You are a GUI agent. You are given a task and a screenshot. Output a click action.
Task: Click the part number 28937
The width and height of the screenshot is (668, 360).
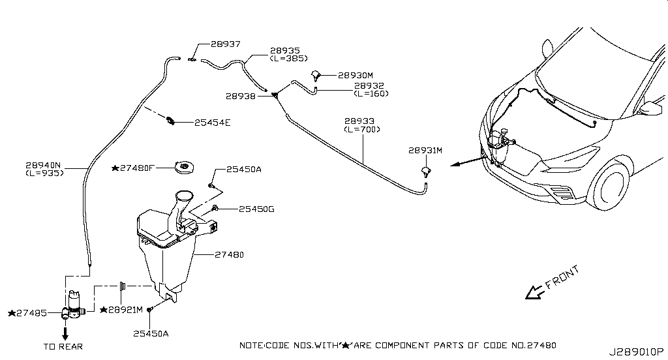225,44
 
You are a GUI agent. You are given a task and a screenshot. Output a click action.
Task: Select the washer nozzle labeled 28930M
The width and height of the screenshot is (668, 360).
315,76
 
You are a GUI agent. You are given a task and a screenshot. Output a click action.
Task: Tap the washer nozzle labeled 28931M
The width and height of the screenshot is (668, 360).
425,172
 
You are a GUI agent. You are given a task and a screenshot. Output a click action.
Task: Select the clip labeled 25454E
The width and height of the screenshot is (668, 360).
170,121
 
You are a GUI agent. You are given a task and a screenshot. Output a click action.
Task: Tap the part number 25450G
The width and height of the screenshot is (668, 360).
256,209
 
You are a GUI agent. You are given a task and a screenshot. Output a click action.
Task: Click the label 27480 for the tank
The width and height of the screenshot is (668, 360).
229,255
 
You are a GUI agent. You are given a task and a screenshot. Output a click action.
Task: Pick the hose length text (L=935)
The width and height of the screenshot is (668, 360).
45,173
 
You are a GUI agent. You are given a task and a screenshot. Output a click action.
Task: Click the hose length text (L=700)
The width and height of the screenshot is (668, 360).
362,129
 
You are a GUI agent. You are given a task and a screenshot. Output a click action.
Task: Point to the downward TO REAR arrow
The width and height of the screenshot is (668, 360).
65,333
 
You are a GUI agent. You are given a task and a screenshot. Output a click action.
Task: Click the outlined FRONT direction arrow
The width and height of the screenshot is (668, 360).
534,292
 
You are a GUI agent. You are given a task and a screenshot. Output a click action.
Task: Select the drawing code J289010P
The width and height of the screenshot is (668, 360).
635,352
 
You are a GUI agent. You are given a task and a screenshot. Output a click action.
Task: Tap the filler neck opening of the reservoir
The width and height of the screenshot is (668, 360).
184,196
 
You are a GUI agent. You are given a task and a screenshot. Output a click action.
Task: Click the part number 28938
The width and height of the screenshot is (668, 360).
241,97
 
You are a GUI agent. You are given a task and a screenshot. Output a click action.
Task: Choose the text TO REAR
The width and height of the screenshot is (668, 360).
63,347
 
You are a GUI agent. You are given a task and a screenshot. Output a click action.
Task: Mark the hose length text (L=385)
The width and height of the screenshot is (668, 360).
289,58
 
